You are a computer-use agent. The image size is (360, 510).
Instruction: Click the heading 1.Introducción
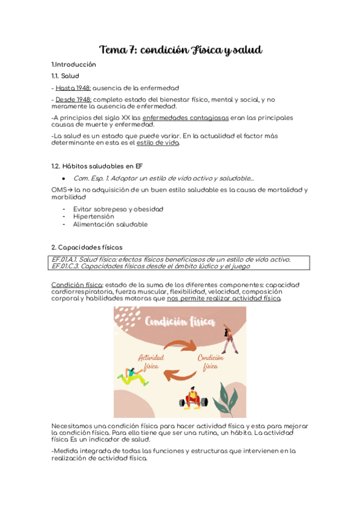(x=73, y=64)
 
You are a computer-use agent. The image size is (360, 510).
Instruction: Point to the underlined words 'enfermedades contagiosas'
(x=186, y=118)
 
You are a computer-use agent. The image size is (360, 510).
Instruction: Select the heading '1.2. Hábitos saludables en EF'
(x=97, y=166)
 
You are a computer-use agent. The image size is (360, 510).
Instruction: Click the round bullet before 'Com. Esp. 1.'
(x=64, y=179)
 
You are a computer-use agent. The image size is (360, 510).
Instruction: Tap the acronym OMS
(x=58, y=190)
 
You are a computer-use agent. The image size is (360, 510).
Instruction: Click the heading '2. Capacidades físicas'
(x=87, y=247)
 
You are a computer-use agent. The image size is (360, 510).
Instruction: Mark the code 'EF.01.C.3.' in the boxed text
(x=65, y=266)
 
